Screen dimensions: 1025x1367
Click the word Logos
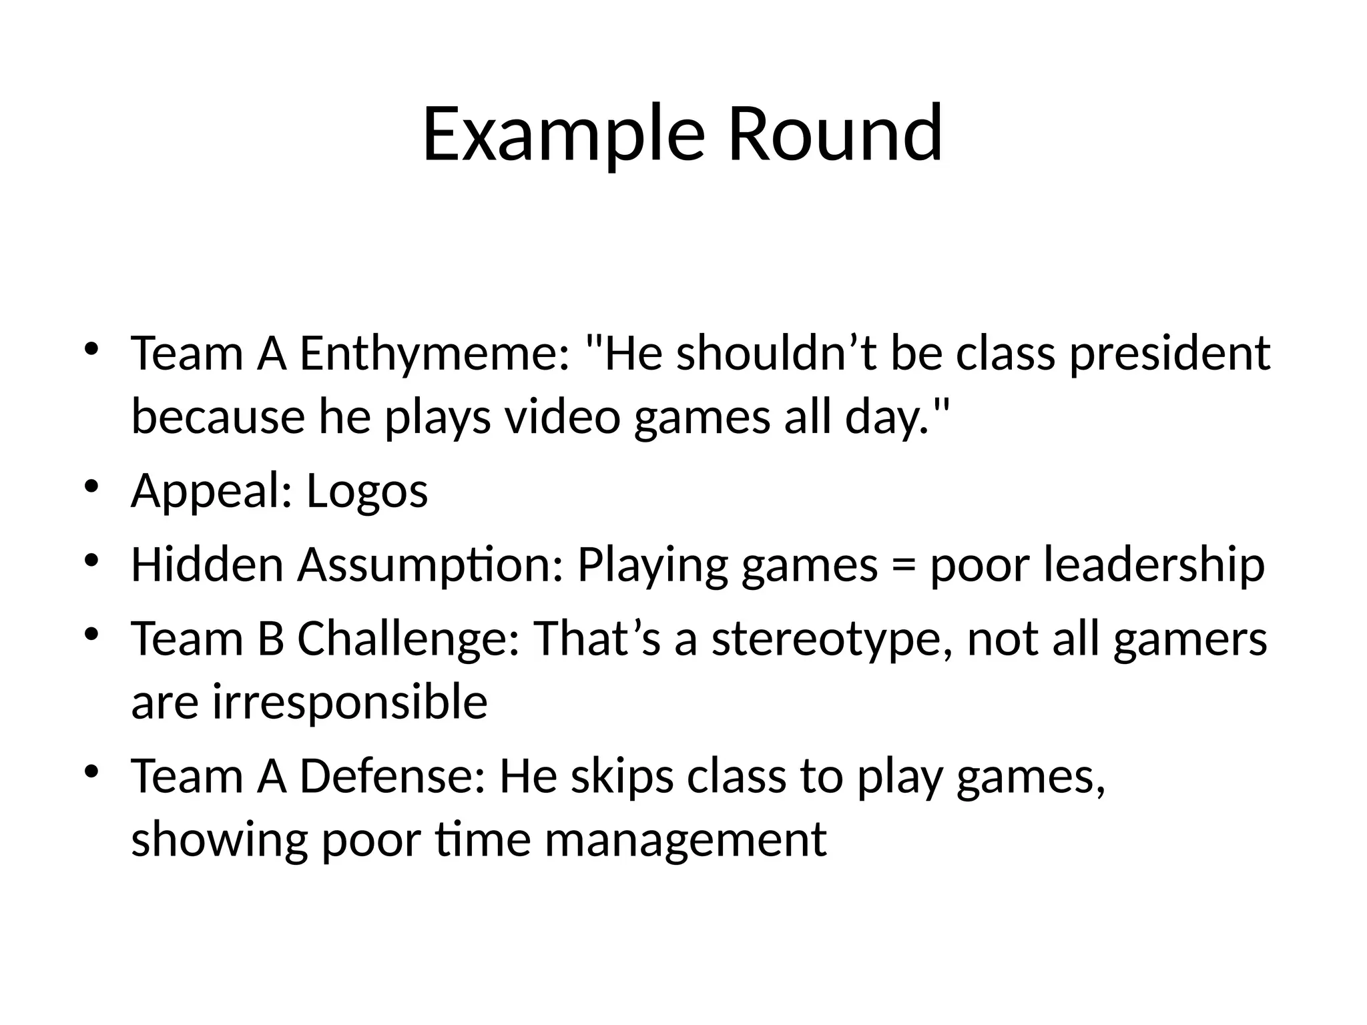click(x=366, y=491)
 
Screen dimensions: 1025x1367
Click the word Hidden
click(x=207, y=565)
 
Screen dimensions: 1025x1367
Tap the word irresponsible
click(x=350, y=702)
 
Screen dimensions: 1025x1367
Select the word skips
click(x=621, y=777)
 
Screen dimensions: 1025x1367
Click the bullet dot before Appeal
click(x=91, y=485)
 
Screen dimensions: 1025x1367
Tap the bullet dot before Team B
click(x=91, y=633)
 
